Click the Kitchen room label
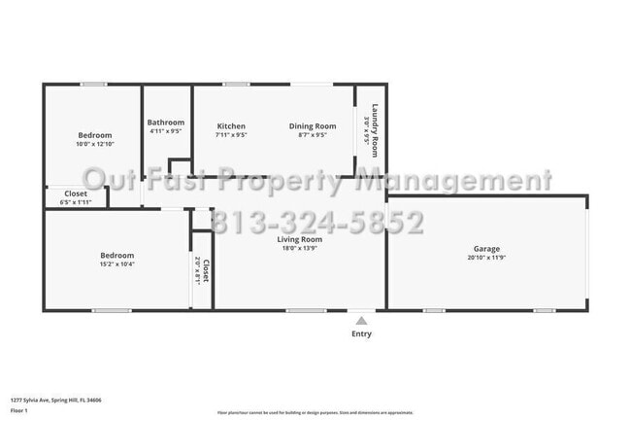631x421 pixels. [231, 126]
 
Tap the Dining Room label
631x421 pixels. [312, 126]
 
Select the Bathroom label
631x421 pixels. [166, 123]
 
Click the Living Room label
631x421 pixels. [299, 239]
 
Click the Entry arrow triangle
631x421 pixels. [361, 319]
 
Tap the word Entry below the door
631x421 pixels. [361, 333]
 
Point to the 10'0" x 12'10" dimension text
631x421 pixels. [95, 144]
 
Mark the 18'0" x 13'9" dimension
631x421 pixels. [299, 248]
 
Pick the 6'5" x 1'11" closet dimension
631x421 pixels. [75, 202]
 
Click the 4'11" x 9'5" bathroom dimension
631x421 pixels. [166, 131]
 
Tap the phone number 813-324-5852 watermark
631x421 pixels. [316, 224]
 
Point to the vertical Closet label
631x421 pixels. [207, 269]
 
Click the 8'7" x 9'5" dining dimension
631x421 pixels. [312, 135]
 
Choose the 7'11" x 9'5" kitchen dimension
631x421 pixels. [231, 135]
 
